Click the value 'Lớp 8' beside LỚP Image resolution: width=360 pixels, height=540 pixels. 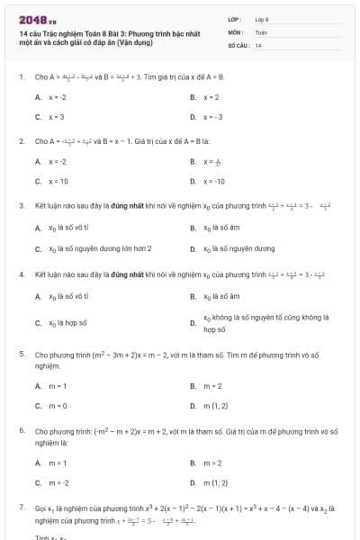pos(262,19)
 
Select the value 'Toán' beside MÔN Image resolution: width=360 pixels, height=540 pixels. pos(261,31)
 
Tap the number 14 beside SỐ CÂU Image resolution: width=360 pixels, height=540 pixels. pos(258,44)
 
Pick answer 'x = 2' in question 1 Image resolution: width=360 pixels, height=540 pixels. pos(211,97)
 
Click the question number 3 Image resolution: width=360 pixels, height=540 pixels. pos(21,205)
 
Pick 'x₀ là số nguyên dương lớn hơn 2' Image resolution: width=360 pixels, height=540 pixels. pos(99,247)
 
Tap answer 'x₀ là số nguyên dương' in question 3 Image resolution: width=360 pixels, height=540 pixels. pos(238,247)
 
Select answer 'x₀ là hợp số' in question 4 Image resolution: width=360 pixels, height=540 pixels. pos(67,321)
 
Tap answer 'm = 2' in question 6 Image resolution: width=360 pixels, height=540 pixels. pos(212,463)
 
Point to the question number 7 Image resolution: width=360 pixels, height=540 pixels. pos(21,508)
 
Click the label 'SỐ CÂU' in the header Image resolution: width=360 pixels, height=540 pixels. pos(237,44)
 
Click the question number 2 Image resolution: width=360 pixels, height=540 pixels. pos(21,141)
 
